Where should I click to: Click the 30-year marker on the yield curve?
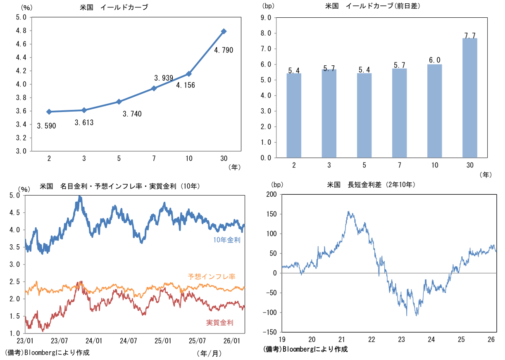[x=224, y=31]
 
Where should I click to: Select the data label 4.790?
[x=224, y=50]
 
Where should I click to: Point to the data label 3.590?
[x=46, y=126]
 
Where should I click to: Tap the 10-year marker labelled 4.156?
[x=189, y=74]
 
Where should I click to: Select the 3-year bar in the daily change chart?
[x=329, y=113]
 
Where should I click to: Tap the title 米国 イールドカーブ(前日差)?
[x=370, y=6]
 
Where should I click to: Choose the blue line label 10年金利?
[x=227, y=240]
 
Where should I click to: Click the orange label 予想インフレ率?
[x=211, y=277]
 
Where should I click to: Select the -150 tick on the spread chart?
[x=271, y=332]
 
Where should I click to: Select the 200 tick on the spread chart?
[x=272, y=194]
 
